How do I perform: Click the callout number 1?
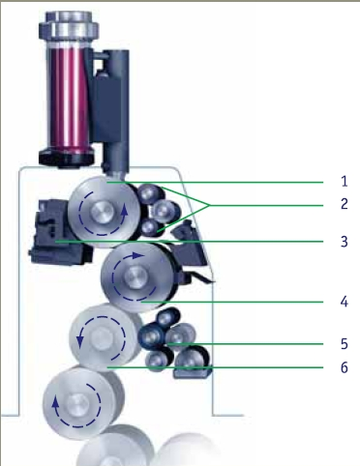[345, 181]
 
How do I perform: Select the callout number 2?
[345, 204]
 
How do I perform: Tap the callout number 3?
[345, 242]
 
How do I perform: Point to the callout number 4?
[345, 302]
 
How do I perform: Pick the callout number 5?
[345, 344]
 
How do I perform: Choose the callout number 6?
[345, 367]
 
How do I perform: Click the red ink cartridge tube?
[69, 100]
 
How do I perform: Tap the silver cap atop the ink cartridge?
[69, 25]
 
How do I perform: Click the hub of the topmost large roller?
[103, 212]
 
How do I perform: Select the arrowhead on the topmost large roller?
[125, 209]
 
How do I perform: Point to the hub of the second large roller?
[135, 277]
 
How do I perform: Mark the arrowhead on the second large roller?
[138, 255]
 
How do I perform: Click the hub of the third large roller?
[102, 337]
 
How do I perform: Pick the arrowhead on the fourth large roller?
[56, 402]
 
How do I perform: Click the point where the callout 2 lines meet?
[210, 205]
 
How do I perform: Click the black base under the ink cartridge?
[67, 157]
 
